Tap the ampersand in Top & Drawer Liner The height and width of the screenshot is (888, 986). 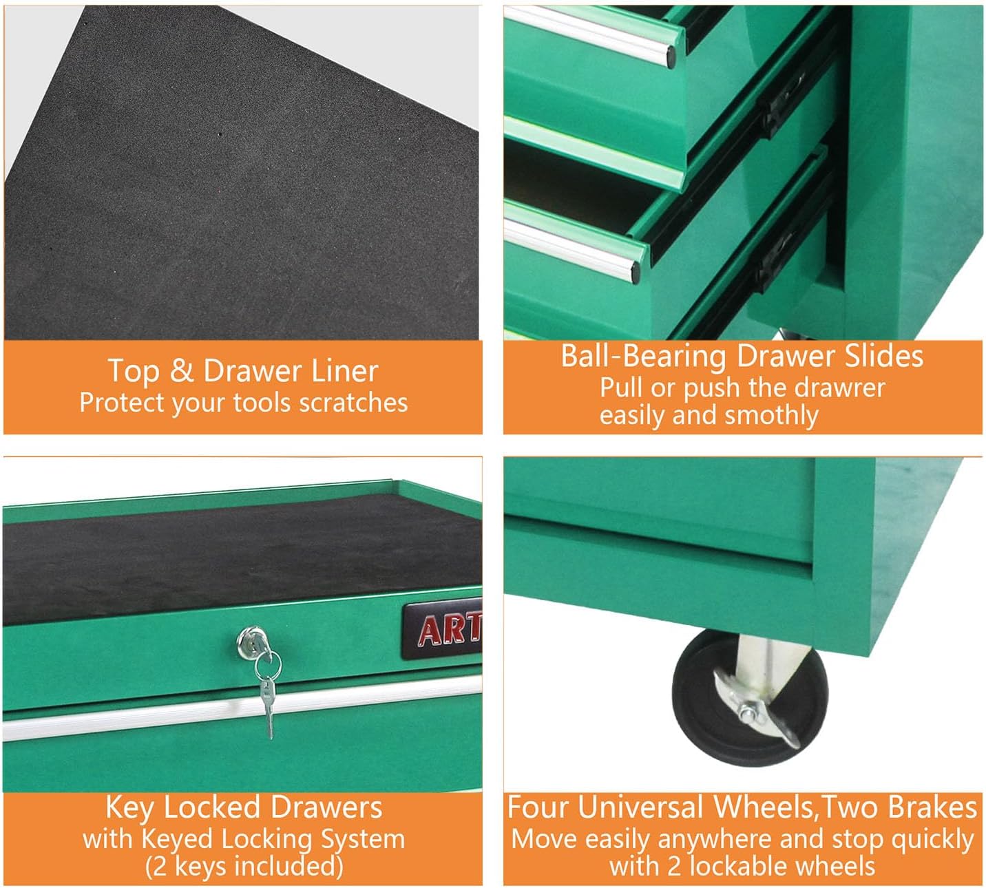click(x=181, y=371)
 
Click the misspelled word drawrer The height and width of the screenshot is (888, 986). click(x=840, y=388)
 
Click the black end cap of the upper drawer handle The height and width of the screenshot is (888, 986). click(x=671, y=56)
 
